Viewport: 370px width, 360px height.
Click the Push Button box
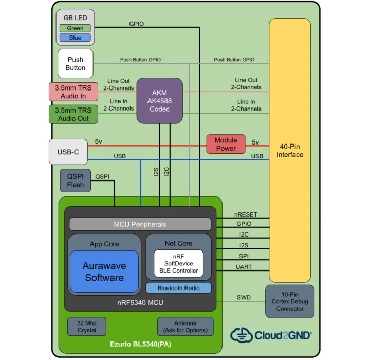coord(75,64)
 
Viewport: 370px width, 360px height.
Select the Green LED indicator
coord(75,28)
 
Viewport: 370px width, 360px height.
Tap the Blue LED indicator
coord(75,38)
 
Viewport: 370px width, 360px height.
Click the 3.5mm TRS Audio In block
coord(73,92)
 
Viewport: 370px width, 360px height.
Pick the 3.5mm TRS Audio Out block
coord(73,114)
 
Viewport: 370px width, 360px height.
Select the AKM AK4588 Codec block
coord(159,100)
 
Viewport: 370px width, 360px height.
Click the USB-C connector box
coord(68,152)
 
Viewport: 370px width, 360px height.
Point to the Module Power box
coord(226,145)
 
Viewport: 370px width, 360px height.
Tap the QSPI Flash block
coord(76,181)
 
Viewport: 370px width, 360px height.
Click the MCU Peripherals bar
coord(140,224)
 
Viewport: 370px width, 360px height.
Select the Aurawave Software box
coord(104,272)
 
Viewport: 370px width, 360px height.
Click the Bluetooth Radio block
coord(178,287)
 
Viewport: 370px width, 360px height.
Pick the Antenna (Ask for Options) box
coord(185,326)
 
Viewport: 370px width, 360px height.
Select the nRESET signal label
coord(245,214)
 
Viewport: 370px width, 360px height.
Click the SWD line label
coord(244,297)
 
